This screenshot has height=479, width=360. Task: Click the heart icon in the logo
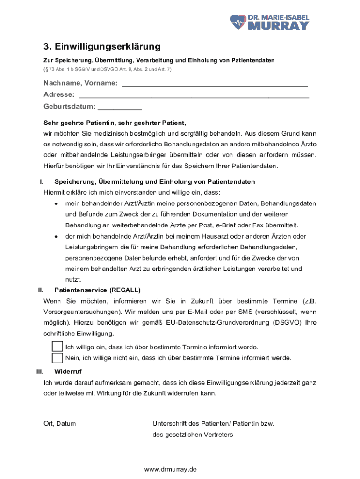(x=238, y=21)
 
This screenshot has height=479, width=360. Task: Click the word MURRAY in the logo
(x=278, y=25)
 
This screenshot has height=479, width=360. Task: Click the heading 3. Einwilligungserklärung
(x=102, y=47)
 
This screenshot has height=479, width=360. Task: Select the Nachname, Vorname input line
(x=215, y=85)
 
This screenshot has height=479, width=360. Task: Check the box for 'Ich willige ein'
(x=58, y=347)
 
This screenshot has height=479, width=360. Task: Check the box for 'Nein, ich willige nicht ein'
(x=58, y=358)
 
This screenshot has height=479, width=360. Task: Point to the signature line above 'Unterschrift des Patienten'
(x=219, y=415)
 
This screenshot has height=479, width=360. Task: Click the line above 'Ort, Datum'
(x=75, y=415)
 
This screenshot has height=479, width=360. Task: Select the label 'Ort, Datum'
(x=60, y=424)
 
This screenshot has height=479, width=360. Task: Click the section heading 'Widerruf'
(x=68, y=372)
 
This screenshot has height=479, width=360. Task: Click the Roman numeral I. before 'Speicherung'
(x=42, y=181)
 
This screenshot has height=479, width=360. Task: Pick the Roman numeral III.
(x=40, y=372)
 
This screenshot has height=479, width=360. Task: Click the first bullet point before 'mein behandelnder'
(x=57, y=204)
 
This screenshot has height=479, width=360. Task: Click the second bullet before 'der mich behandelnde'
(x=57, y=237)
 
